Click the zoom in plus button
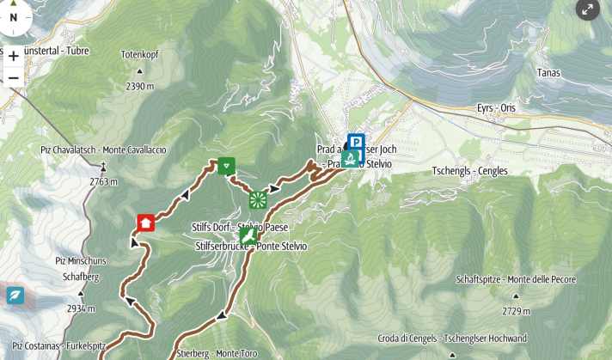14,56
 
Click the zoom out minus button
14,78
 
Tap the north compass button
14,16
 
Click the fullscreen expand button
587,9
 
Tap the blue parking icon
356,142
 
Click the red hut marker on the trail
145,223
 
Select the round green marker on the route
257,200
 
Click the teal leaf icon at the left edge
15,296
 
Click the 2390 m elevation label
139,86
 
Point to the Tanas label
548,73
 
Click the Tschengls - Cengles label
469,171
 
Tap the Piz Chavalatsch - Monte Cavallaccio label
103,149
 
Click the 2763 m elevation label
103,181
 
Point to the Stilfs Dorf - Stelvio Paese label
239,227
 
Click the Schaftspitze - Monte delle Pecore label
528,280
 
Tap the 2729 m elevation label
515,311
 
